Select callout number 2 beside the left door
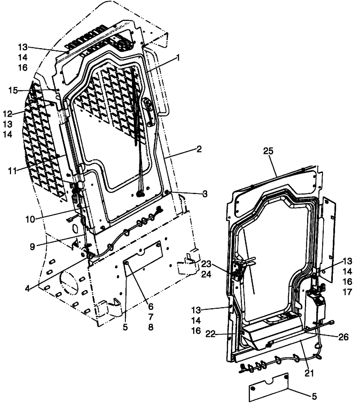point(198,149)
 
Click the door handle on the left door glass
point(150,111)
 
